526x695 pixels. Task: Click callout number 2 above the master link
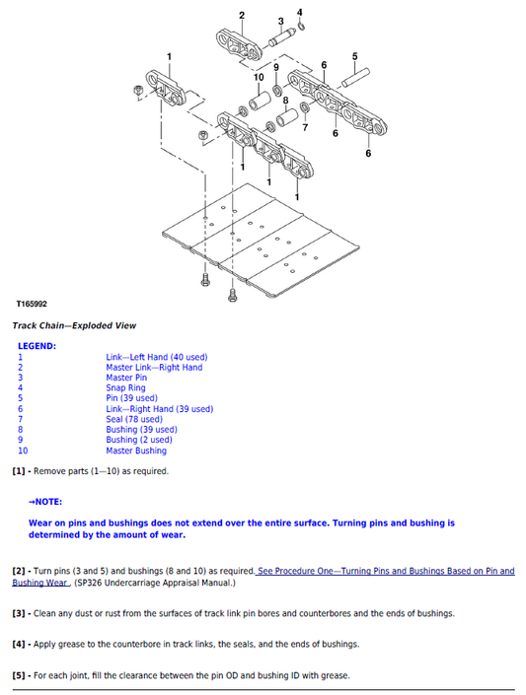(x=243, y=14)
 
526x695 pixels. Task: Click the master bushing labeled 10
(x=261, y=100)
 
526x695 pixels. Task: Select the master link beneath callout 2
(x=239, y=45)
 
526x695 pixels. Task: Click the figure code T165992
(x=32, y=305)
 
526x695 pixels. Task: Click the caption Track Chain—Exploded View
(x=74, y=325)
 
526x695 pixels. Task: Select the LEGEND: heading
(x=37, y=346)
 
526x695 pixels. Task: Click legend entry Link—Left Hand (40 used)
(x=157, y=357)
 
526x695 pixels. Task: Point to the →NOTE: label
(x=45, y=501)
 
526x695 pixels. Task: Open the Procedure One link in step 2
(x=385, y=572)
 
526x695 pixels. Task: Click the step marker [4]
(x=19, y=644)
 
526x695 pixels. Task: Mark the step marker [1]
(x=19, y=471)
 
